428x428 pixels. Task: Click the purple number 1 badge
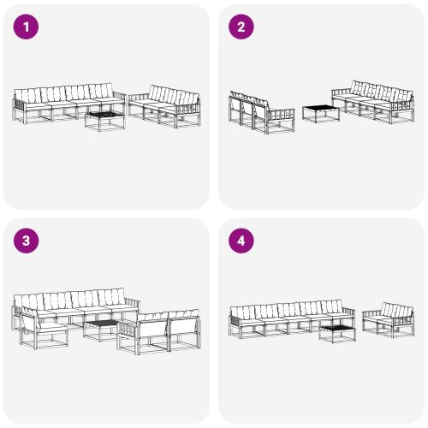tap(27, 27)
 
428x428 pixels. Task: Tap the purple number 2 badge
tap(241, 27)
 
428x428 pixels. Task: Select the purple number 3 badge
tap(27, 241)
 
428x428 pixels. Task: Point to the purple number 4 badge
tap(241, 241)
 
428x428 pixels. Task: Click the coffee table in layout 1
tap(104, 119)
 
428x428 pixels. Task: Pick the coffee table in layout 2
tap(318, 113)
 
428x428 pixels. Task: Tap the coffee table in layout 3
tap(100, 329)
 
